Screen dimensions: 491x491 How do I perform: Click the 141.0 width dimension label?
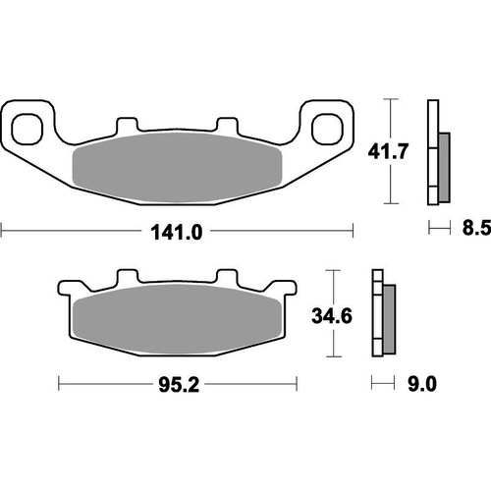point(178,233)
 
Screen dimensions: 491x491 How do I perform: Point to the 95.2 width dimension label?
point(178,384)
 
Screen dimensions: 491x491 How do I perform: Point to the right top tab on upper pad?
point(226,128)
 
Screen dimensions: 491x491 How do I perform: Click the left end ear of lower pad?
point(67,291)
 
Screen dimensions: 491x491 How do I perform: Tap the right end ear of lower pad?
point(287,291)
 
